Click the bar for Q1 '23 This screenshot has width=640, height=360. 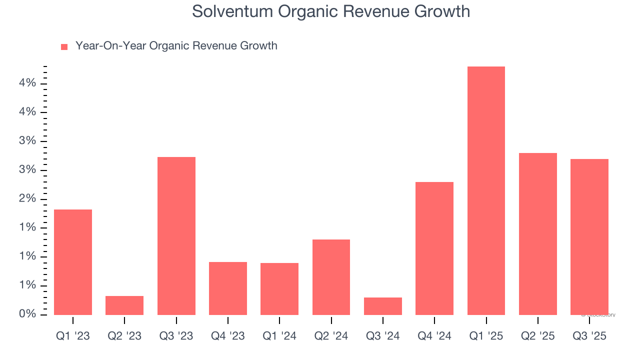pos(72,262)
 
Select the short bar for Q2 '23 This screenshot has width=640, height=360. pos(124,305)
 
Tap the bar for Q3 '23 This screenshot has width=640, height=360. pos(176,235)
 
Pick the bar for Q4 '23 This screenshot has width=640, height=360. pos(228,288)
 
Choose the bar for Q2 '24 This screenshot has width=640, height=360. pos(331,277)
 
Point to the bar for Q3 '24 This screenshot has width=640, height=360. pos(383,306)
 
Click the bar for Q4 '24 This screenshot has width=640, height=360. pos(434,248)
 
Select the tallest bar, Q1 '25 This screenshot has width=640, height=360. pos(486,190)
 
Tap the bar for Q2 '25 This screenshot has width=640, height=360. pos(538,233)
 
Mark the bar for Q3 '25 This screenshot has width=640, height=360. pos(589,236)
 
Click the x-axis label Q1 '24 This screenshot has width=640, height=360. pos(279,336)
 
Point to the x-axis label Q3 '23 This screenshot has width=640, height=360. pos(176,336)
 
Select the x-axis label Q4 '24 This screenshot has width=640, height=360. pos(434,336)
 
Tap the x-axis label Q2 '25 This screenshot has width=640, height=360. pos(538,336)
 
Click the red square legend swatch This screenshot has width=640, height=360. pos(64,47)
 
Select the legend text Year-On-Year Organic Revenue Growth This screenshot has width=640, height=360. pos(176,46)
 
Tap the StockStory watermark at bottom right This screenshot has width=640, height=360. pos(598,315)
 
